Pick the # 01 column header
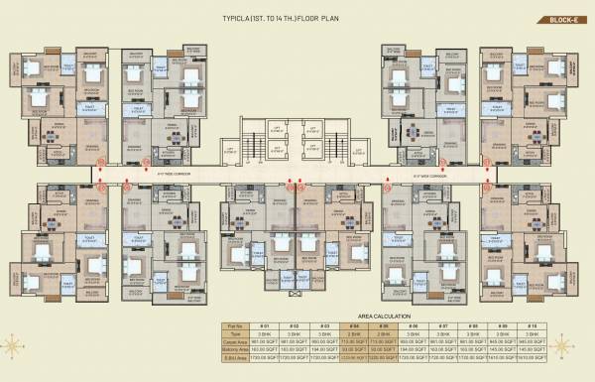(x=265, y=325)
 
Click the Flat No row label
(x=234, y=325)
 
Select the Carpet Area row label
(x=234, y=342)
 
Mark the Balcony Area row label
(x=234, y=350)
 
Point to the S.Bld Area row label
(x=234, y=358)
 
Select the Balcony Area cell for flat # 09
(x=503, y=350)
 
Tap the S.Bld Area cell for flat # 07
(x=443, y=358)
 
